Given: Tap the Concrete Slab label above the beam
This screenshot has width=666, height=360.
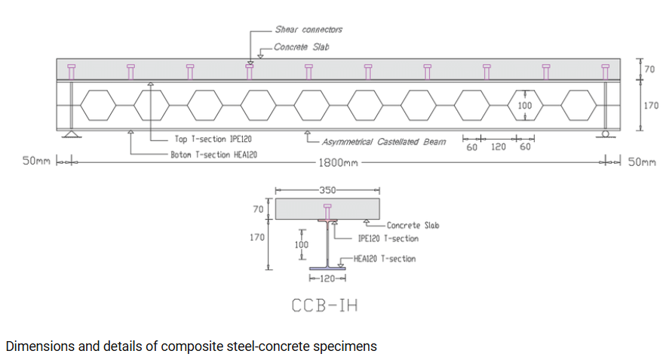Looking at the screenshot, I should [302, 47].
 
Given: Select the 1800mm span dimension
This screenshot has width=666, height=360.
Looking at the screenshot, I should [339, 162].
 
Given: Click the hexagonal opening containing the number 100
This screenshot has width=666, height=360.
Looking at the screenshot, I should [525, 105].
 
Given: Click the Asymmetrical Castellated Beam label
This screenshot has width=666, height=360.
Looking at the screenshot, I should [383, 141].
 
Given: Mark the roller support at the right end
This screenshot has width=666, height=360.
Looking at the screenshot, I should [606, 134].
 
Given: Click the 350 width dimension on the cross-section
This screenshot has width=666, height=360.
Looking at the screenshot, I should [326, 189].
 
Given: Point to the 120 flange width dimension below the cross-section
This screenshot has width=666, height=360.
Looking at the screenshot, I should [327, 279].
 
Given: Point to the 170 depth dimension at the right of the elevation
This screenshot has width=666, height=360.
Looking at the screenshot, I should [651, 105].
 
